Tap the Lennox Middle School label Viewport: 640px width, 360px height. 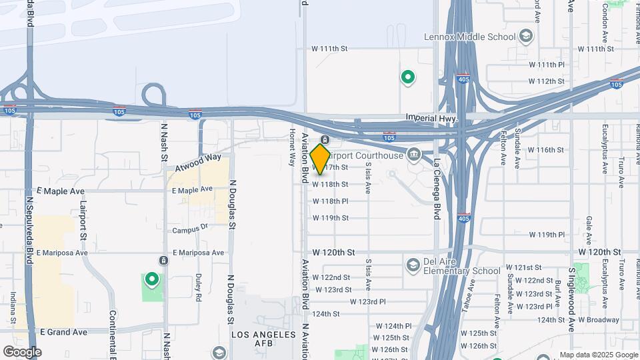469,37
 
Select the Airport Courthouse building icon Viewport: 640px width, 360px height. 414,156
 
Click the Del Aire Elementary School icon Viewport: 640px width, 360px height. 413,266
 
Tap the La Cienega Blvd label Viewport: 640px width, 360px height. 437,187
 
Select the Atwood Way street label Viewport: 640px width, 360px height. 197,162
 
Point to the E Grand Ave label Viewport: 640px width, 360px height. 63,331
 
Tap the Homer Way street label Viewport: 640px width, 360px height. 291,147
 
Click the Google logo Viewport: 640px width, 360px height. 22,351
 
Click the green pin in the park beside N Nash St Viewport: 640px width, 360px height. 152,280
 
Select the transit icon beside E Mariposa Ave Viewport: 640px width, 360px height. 163,260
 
